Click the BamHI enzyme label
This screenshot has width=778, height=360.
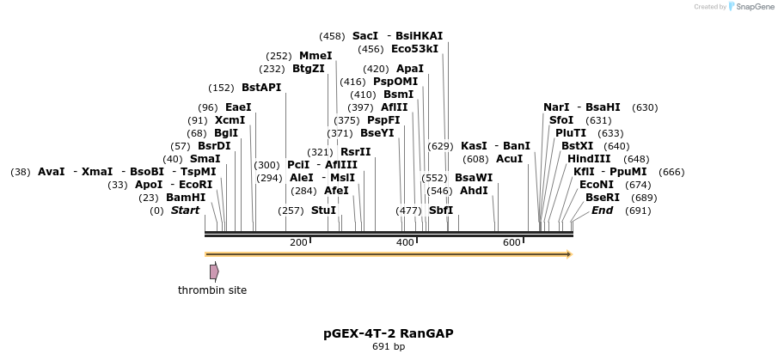click(186, 198)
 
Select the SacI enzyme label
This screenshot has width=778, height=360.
click(365, 36)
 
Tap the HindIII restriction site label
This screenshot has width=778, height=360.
click(589, 159)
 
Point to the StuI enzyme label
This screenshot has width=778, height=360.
click(324, 211)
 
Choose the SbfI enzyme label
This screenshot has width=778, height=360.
click(441, 211)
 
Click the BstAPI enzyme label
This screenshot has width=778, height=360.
click(261, 88)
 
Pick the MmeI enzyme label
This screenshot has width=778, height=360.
click(315, 56)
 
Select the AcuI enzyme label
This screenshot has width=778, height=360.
click(510, 159)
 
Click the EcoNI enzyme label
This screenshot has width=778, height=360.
click(597, 185)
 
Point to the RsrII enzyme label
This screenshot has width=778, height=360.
click(356, 152)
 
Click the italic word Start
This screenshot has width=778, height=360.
click(185, 211)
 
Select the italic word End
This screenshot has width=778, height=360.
click(602, 211)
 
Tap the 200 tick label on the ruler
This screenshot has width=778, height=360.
click(298, 243)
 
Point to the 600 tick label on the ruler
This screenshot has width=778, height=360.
click(512, 243)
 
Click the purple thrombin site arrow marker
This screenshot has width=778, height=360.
click(214, 272)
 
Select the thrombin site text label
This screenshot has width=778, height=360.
click(212, 290)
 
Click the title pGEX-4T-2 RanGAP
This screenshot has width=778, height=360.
click(389, 333)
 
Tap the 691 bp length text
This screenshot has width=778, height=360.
click(389, 347)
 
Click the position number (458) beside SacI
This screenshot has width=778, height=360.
click(332, 36)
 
